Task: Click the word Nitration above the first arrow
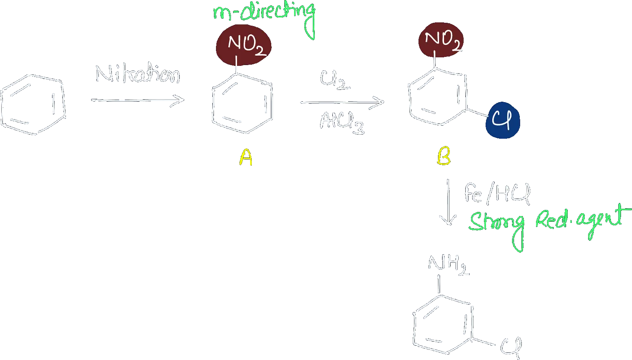point(138,74)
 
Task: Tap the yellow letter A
point(246,157)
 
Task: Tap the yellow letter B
point(444,155)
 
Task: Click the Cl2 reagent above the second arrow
point(335,80)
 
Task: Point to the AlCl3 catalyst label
point(342,123)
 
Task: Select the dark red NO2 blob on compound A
point(244,45)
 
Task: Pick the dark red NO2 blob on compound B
point(441,40)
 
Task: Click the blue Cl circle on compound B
point(503,120)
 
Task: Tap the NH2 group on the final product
point(449,265)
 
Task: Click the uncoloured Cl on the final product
point(511,347)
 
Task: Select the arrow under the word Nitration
point(138,100)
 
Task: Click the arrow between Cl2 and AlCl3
point(342,103)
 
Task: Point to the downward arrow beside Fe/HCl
point(448,202)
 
